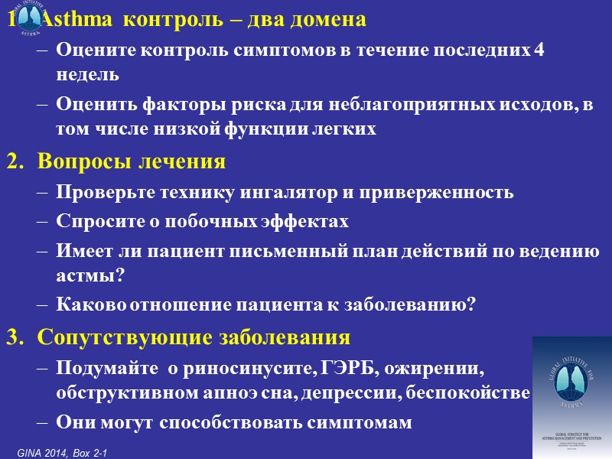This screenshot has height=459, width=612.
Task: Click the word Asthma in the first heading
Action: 72,20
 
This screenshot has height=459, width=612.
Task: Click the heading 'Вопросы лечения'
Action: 132,162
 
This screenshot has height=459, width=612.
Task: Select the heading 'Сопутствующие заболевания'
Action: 194,337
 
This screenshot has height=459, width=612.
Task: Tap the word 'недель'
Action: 87,74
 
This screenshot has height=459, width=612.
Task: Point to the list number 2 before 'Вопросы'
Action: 12,162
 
